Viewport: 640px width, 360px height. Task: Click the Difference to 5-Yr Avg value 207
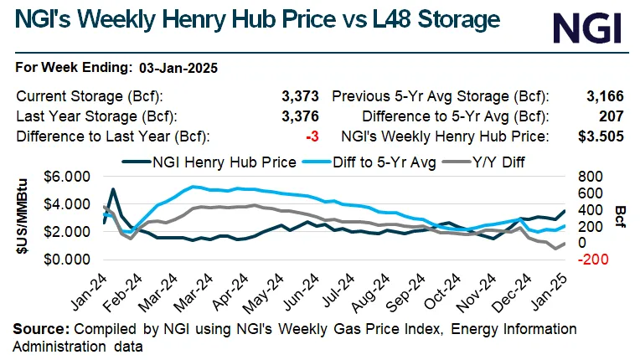click(x=616, y=116)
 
